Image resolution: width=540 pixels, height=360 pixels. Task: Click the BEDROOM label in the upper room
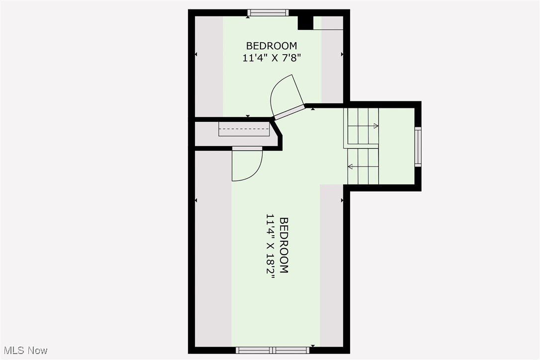pyautogui.click(x=271, y=46)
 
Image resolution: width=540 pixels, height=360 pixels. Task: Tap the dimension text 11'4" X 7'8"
pyautogui.click(x=271, y=58)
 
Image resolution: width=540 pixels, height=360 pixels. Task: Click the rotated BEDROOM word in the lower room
pyautogui.click(x=284, y=245)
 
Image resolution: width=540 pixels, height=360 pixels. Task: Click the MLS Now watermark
pyautogui.click(x=24, y=351)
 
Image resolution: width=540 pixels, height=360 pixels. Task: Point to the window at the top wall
pyautogui.click(x=269, y=13)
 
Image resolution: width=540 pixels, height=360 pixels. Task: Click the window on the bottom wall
pyautogui.click(x=272, y=350)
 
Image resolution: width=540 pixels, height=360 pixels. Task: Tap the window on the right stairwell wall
pyautogui.click(x=418, y=146)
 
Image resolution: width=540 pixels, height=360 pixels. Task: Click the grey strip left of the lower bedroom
pyautogui.click(x=213, y=249)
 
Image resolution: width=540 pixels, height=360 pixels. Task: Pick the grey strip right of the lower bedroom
pyautogui.click(x=331, y=264)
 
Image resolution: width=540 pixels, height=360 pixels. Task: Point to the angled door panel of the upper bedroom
pyautogui.click(x=289, y=112)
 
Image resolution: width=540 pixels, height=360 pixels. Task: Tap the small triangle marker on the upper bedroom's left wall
pyautogui.click(x=196, y=54)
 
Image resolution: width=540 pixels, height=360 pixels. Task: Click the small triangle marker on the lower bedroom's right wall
pyautogui.click(x=342, y=200)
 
